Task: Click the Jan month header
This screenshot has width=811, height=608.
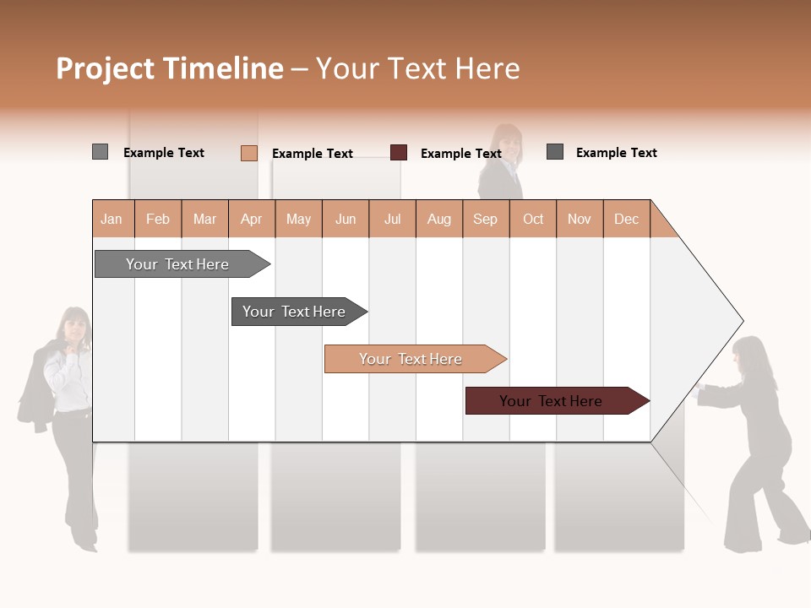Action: [x=112, y=219]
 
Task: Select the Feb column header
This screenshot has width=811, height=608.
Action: [x=158, y=219]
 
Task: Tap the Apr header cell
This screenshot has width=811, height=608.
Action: [x=252, y=219]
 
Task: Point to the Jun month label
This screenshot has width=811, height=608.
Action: [x=346, y=219]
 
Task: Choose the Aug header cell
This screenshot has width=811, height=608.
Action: [x=439, y=219]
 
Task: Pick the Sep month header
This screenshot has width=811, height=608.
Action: [x=486, y=219]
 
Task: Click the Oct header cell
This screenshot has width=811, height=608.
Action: [x=533, y=219]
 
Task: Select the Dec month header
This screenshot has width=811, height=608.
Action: [x=627, y=219]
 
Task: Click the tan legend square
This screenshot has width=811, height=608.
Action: [x=249, y=153]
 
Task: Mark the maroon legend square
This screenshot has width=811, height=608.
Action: [x=399, y=153]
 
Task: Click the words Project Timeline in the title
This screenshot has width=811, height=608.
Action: [x=170, y=68]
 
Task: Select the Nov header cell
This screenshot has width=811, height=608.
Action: [x=580, y=219]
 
